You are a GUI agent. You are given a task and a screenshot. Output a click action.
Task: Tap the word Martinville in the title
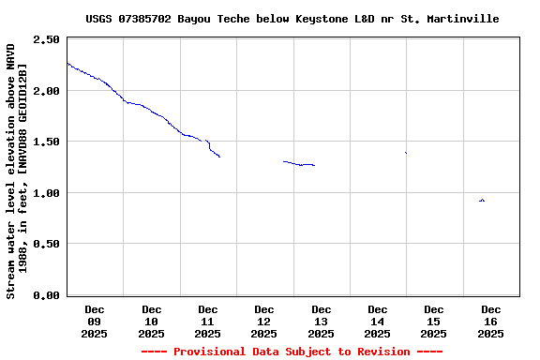[x=461, y=19]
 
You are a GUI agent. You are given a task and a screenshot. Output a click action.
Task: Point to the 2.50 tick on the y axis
[x=46, y=40]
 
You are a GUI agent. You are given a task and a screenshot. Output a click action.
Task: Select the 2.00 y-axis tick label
[x=46, y=91]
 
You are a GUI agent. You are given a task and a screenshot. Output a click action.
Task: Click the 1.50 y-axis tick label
[x=46, y=142]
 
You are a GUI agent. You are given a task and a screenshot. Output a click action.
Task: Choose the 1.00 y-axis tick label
[x=46, y=193]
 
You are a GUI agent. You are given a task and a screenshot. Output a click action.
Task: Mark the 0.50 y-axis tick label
[x=46, y=244]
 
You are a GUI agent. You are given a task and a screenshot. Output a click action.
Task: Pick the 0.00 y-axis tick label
[x=46, y=295]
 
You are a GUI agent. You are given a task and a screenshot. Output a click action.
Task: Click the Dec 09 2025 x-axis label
[x=95, y=321]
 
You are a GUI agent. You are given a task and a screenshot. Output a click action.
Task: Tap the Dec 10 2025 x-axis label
[x=151, y=321]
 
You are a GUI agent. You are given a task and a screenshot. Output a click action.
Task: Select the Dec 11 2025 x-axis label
[x=207, y=321]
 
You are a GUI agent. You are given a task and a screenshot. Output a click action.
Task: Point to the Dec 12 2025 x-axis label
[x=264, y=321]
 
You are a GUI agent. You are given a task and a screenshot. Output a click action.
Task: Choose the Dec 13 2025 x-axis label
[x=321, y=321]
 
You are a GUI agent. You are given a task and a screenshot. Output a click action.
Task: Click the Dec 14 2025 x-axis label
[x=378, y=321]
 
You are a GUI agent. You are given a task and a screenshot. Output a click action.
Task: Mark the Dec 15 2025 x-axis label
[x=434, y=321]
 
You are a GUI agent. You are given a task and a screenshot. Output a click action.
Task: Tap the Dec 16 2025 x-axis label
[x=490, y=321]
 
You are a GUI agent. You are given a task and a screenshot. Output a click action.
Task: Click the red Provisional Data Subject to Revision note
[x=292, y=352]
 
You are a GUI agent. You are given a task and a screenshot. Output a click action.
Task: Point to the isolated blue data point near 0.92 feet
[x=482, y=201]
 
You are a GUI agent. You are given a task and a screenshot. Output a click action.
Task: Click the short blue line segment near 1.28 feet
[x=299, y=164]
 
